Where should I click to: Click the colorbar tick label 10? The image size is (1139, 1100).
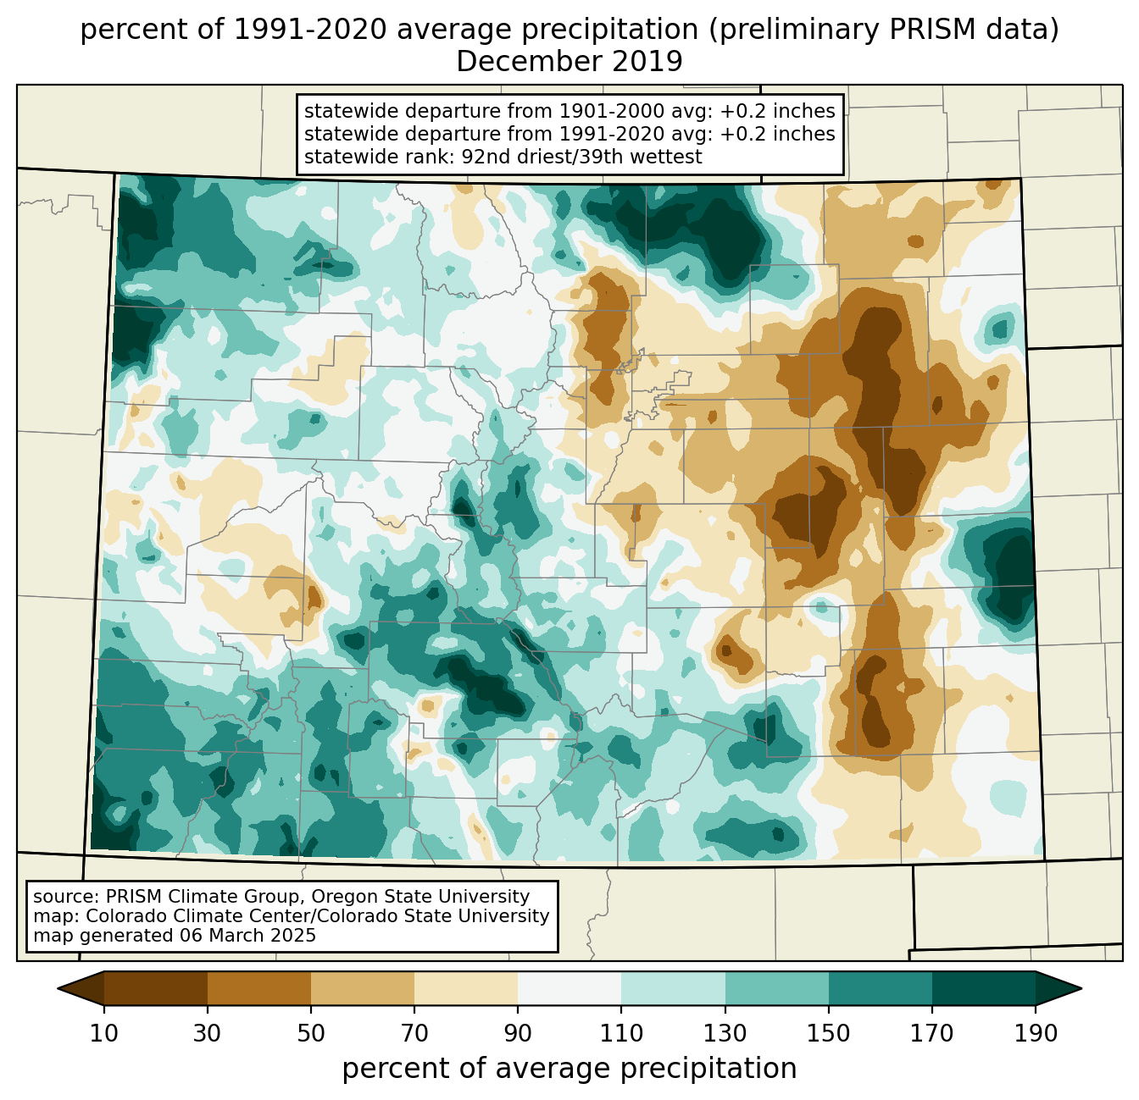(x=103, y=1034)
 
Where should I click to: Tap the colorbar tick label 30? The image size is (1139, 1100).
(x=207, y=1034)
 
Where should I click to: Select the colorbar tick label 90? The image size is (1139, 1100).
(x=518, y=1034)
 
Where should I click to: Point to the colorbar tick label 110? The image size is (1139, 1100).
(x=621, y=1034)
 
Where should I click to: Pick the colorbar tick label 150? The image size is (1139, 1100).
(x=828, y=1034)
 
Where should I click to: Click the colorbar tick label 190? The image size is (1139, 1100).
(x=1036, y=1034)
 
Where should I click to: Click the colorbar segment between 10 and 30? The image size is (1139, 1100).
(x=156, y=988)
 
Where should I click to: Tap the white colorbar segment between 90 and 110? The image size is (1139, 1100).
(x=569, y=988)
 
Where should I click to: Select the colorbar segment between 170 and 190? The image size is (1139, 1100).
(x=983, y=988)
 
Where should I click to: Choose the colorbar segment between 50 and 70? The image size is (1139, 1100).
(x=363, y=988)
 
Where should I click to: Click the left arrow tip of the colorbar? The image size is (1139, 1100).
(x=58, y=988)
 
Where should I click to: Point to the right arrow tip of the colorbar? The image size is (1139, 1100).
(x=1081, y=988)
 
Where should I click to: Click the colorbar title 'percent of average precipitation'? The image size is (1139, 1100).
(x=569, y=1068)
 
